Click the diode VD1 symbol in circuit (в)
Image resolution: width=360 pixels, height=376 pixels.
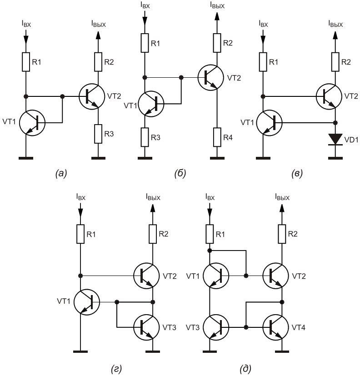(335, 139)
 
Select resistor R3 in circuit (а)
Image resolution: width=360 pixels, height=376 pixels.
(98, 134)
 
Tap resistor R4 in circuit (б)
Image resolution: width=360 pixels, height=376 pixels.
(217, 137)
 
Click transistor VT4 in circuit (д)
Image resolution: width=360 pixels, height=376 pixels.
(275, 327)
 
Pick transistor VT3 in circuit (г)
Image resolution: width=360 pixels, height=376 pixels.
(146, 327)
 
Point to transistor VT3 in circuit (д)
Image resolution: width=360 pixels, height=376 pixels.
(216, 327)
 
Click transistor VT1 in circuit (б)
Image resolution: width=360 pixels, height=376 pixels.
(151, 104)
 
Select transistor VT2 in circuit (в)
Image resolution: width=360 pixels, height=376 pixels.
(329, 96)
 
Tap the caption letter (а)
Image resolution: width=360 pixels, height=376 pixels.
(61, 173)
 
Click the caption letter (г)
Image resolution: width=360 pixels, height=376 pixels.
(116, 368)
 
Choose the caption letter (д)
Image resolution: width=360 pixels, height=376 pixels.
(245, 368)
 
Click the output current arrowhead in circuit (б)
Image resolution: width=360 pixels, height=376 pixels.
(217, 16)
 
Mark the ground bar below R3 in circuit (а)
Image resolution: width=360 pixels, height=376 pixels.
(98, 158)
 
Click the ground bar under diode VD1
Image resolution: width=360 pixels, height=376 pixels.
(335, 158)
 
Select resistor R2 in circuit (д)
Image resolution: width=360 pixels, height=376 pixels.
(282, 234)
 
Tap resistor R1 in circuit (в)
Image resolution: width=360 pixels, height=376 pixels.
(263, 62)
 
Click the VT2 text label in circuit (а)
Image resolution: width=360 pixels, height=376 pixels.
(114, 96)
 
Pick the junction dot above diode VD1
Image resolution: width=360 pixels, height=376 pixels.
(335, 123)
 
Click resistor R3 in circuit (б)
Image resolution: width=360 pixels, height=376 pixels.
(145, 137)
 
